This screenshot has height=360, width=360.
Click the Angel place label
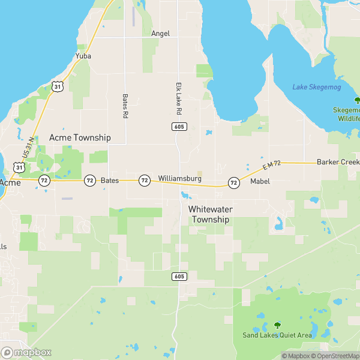pyautogui.click(x=160, y=34)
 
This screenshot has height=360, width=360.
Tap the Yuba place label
pyautogui.click(x=82, y=56)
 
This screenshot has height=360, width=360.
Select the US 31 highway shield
pyautogui.click(x=57, y=86)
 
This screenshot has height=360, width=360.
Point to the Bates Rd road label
pyautogui.click(x=125, y=105)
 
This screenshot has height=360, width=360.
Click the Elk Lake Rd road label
pyautogui.click(x=178, y=99)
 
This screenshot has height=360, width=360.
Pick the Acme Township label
pyautogui.click(x=80, y=137)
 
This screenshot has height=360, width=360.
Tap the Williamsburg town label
pyautogui.click(x=179, y=179)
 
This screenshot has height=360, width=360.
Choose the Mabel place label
pyautogui.click(x=260, y=181)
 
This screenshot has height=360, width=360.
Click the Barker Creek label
pyautogui.click(x=338, y=162)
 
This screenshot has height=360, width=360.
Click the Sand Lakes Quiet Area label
pyautogui.click(x=277, y=335)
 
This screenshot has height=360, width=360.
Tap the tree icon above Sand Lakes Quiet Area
pyautogui.click(x=277, y=325)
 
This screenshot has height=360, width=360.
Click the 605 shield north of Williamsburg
pyautogui.click(x=178, y=127)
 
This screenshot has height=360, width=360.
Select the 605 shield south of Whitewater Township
pyautogui.click(x=179, y=276)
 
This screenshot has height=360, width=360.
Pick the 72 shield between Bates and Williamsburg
pyautogui.click(x=144, y=180)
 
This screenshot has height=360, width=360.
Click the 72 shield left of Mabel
pyautogui.click(x=233, y=182)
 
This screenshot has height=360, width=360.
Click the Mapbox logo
pyautogui.click(x=26, y=353)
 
